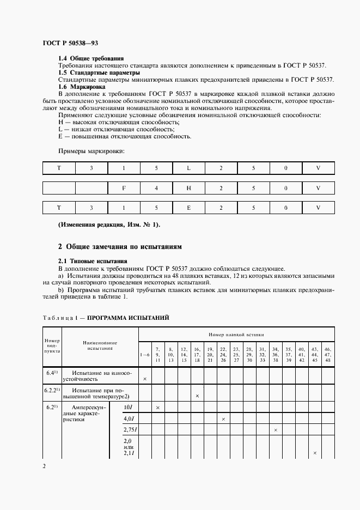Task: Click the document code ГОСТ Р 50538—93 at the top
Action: pos(70,42)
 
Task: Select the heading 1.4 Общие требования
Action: pos(91,58)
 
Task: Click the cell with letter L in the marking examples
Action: pos(188,168)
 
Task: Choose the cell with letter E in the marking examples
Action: pos(188,208)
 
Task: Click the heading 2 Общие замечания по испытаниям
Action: pos(120,247)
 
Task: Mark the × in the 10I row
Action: pos(158,408)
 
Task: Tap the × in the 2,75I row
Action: pos(276,430)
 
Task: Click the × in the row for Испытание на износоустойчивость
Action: pos(144,378)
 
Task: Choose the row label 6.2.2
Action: pos(52,390)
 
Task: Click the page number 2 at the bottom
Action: pos(44,466)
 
